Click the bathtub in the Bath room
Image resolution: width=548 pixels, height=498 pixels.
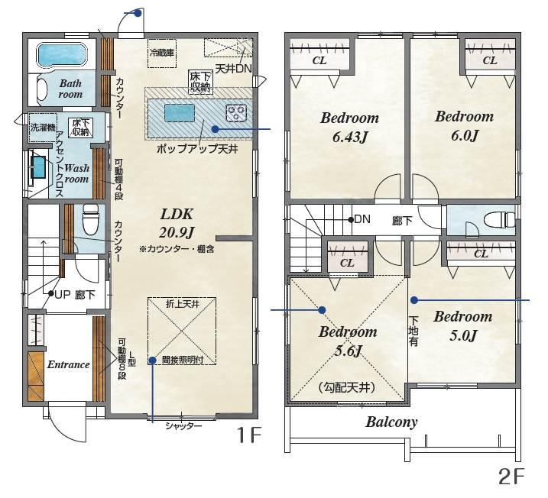click(61, 55)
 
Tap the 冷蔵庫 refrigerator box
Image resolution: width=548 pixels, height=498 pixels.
click(162, 53)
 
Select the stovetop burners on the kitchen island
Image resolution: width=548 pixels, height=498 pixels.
click(237, 113)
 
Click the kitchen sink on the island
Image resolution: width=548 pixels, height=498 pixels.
click(180, 113)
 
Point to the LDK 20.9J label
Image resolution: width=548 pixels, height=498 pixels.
click(177, 223)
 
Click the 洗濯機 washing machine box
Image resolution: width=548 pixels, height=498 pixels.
click(43, 127)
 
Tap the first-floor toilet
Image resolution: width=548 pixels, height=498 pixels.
click(90, 219)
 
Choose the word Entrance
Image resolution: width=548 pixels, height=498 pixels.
click(69, 364)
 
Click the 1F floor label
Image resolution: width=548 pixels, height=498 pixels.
click(249, 435)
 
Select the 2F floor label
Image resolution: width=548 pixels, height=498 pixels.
click(511, 477)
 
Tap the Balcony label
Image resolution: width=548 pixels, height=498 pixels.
click(391, 422)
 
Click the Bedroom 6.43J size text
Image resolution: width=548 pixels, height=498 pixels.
click(349, 137)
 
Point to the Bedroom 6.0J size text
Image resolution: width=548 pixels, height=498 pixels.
click(464, 135)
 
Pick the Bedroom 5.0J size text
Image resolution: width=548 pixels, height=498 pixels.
click(463, 335)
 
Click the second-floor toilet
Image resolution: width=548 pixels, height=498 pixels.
click(499, 220)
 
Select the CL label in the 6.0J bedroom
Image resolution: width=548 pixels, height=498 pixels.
click(490, 60)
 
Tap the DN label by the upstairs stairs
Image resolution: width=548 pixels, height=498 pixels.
click(362, 219)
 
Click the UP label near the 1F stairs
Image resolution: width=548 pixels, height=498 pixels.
click(63, 294)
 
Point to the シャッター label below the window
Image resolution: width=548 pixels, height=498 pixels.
click(183, 425)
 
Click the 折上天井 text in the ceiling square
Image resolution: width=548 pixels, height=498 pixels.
click(183, 304)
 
